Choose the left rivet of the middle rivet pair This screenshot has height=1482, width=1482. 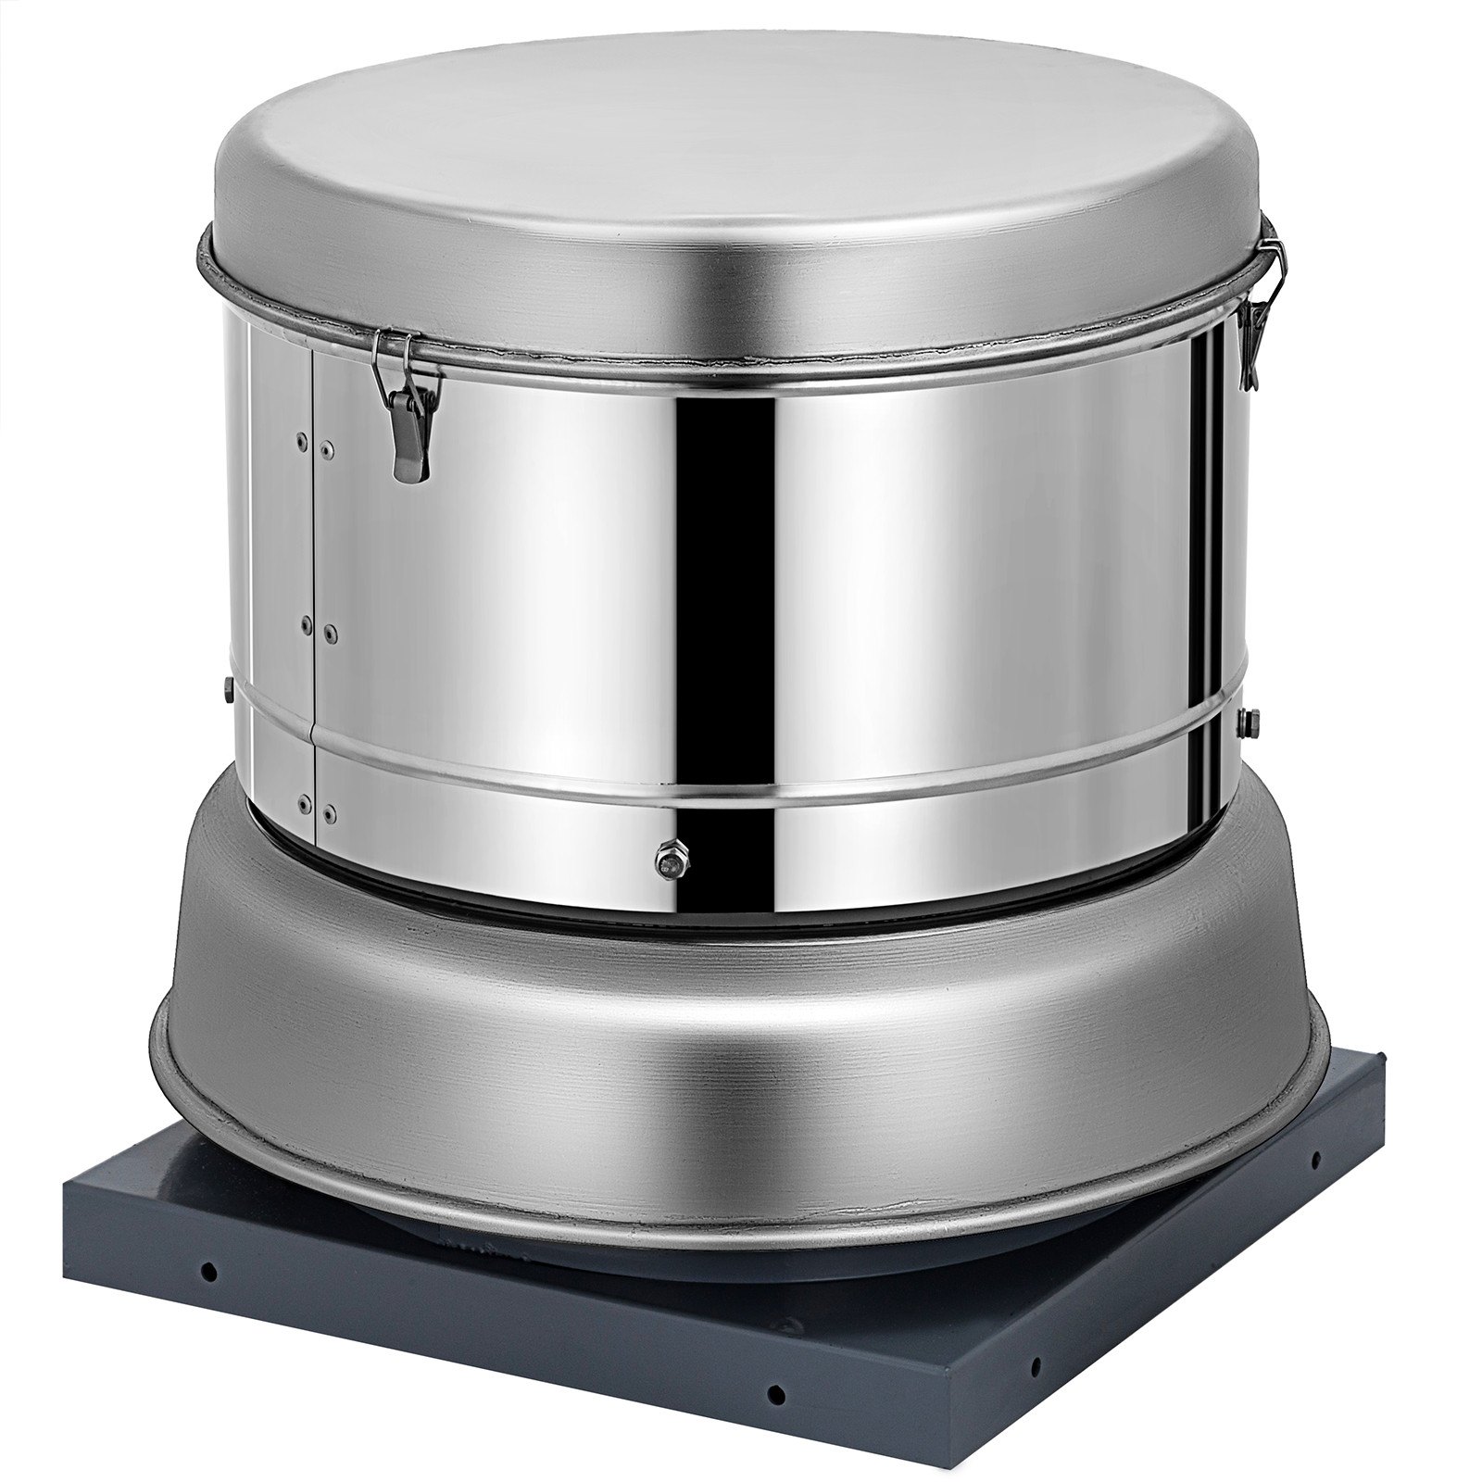(x=305, y=627)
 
